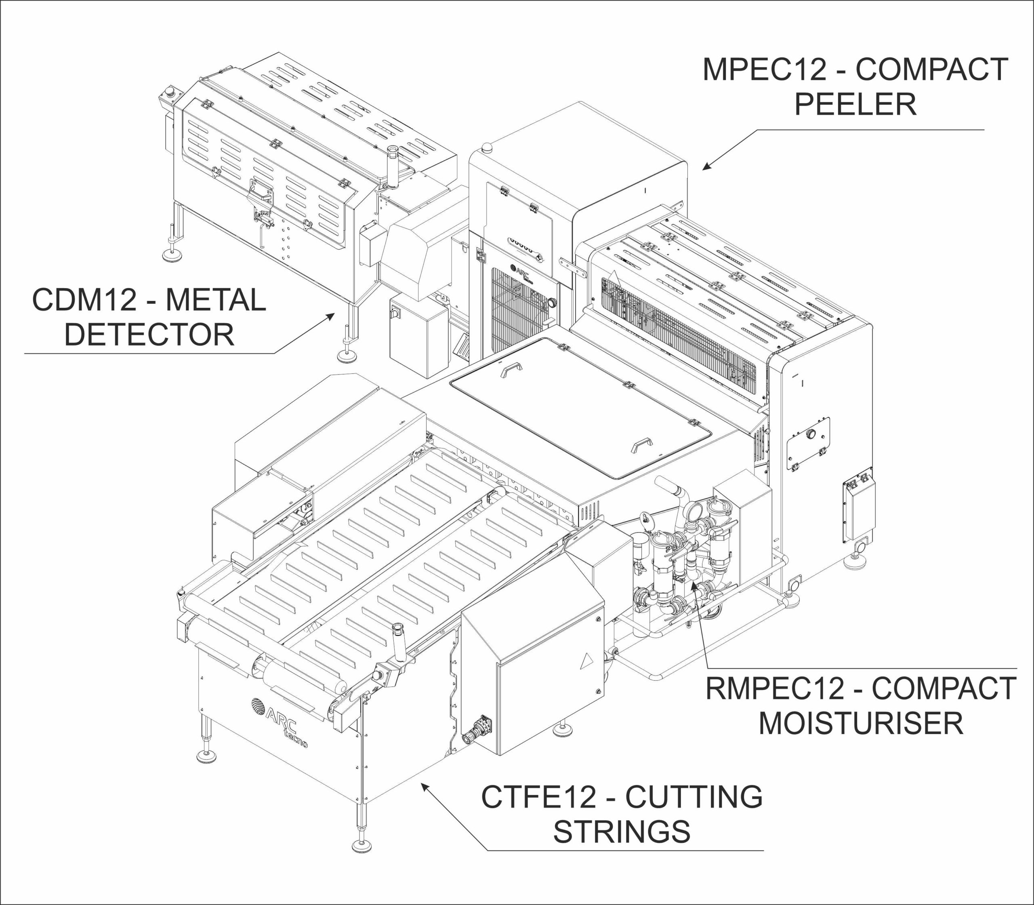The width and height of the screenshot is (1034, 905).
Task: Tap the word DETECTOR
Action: (x=149, y=335)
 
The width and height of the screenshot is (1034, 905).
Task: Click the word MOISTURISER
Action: (x=861, y=723)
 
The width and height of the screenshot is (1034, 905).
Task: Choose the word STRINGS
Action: (x=622, y=832)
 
